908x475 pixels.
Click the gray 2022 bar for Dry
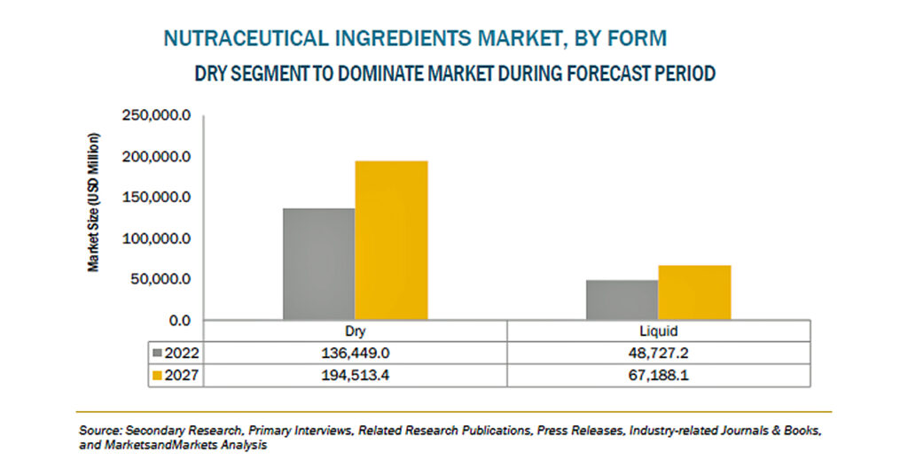318,264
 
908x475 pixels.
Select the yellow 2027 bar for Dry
391,240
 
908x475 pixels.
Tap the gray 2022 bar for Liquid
622,300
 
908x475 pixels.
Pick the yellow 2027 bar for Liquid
694,292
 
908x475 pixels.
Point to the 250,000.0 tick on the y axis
156,116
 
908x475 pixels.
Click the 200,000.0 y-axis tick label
156,157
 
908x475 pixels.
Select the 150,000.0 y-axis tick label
156,198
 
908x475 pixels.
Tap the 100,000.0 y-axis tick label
156,238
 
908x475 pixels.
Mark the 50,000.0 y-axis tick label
160,279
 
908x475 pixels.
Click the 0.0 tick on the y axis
179,321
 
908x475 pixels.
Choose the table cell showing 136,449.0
355,353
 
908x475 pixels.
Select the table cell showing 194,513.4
355,376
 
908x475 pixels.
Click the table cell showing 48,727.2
659,353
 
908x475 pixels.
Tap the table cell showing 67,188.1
659,376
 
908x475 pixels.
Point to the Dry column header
355,331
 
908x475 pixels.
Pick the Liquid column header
659,331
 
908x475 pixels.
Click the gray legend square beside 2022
157,353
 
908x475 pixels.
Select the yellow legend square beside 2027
157,376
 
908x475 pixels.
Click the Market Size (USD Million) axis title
93,203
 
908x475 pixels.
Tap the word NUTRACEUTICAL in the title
247,38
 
